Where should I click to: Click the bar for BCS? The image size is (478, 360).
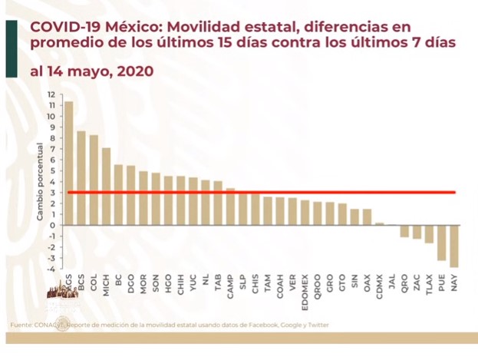tap(81, 177)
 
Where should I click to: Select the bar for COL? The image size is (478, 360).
tap(94, 180)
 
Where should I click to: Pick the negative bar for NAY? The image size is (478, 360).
tap(454, 246)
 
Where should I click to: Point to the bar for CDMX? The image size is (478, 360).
tap(379, 223)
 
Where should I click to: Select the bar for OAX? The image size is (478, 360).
tap(367, 216)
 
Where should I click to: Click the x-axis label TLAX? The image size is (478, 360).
tap(430, 286)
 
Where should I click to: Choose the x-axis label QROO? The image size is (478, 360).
tap(317, 286)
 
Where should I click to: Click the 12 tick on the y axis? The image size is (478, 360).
tap(51, 94)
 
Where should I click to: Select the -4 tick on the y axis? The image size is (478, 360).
tap(51, 269)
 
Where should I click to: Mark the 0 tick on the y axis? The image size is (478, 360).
tap(52, 225)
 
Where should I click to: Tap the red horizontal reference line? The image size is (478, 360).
tap(261, 192)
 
